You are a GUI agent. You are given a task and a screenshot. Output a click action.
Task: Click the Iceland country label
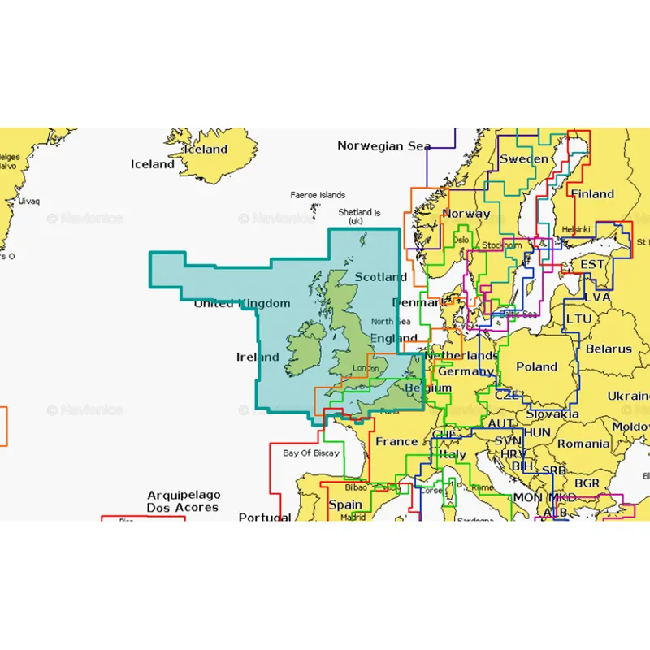click(x=153, y=164)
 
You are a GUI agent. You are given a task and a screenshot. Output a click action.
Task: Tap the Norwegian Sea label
click(x=383, y=146)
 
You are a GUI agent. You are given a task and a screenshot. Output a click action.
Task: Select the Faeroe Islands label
click(x=318, y=195)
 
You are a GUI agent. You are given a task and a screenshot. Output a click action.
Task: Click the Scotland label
click(x=380, y=277)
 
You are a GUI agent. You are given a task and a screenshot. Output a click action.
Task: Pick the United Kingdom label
click(x=241, y=304)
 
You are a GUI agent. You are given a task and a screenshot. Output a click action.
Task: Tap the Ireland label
click(x=258, y=357)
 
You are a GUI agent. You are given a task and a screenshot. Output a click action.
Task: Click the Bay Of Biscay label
click(x=311, y=453)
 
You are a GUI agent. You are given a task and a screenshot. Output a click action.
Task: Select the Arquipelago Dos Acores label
click(x=183, y=500)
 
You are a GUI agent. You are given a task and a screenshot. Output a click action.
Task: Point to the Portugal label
click(x=265, y=517)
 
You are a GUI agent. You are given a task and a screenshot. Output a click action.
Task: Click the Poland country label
click(x=537, y=366)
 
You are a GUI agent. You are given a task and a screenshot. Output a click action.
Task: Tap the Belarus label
click(x=609, y=349)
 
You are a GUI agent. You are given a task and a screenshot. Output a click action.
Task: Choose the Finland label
click(x=592, y=194)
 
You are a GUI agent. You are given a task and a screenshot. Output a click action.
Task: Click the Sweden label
click(x=523, y=159)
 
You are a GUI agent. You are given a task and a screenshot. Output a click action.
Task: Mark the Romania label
click(x=583, y=444)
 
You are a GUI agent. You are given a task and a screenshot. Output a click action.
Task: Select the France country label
click(x=396, y=442)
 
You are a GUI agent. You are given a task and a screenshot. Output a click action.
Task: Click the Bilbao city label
click(x=356, y=487)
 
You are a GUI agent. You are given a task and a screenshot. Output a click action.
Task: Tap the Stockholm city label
click(x=501, y=245)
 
